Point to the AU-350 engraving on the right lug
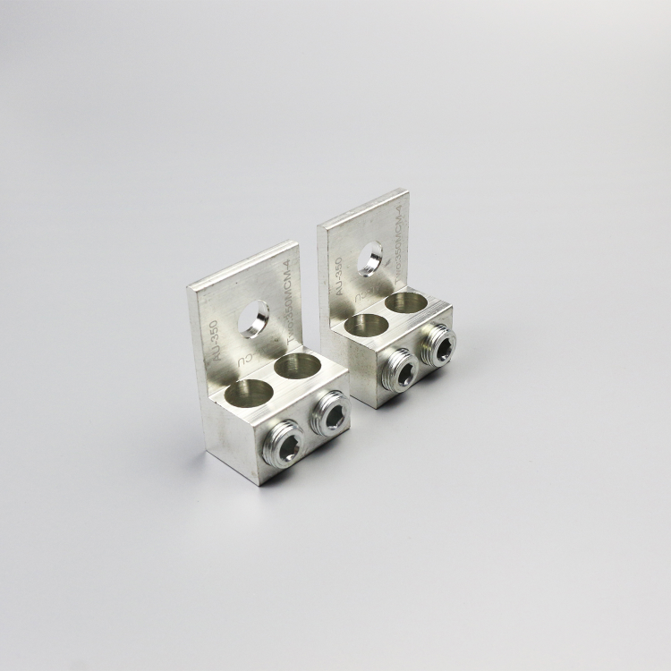tap(337, 278)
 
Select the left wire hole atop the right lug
tap(361, 325)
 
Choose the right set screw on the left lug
tap(332, 414)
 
